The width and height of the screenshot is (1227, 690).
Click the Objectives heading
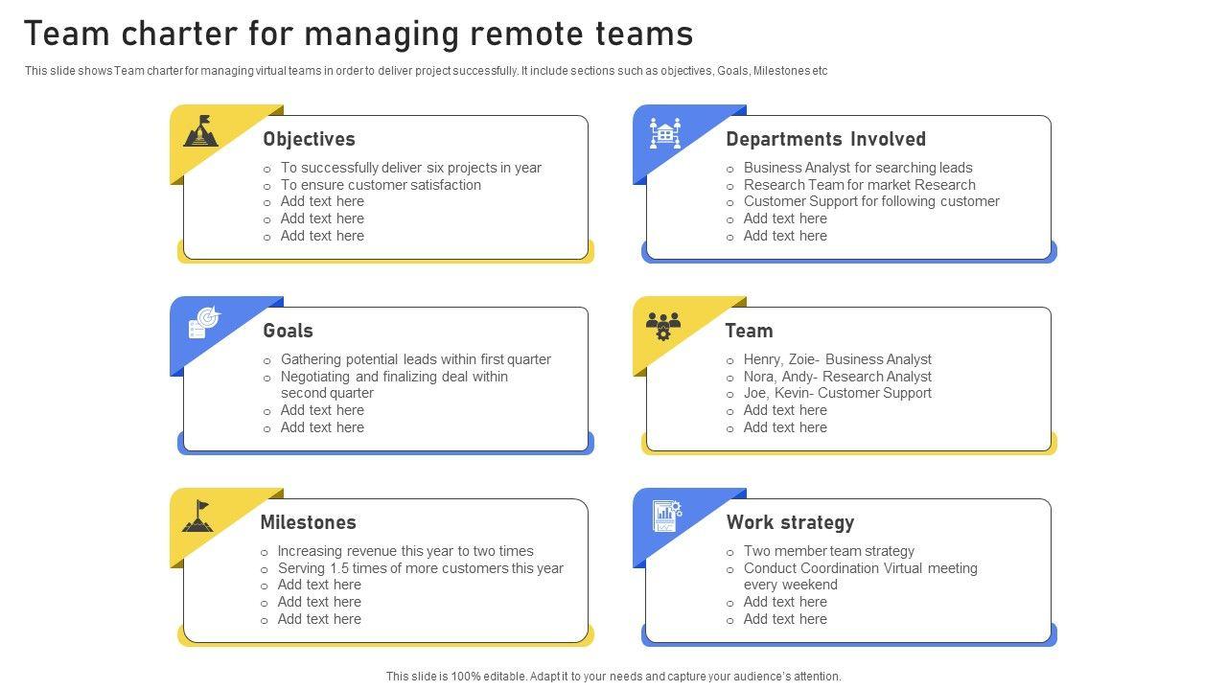309,139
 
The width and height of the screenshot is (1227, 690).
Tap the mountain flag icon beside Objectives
201,131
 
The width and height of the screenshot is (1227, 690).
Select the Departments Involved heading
825,139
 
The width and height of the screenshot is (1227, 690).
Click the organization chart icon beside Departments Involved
664,133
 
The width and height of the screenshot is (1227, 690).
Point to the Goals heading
288,331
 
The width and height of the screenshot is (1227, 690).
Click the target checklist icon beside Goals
204,323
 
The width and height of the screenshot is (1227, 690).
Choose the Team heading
749,331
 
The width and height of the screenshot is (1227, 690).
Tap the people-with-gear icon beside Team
663,326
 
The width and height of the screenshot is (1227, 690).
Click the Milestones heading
308,522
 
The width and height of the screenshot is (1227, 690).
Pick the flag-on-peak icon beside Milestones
198,516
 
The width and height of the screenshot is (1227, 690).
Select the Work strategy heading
790,522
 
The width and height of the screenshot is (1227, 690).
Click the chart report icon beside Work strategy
666,516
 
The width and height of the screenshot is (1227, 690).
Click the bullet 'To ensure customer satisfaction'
381,185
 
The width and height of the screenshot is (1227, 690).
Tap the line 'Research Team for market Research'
859,185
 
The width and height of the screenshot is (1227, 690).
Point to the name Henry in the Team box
763,359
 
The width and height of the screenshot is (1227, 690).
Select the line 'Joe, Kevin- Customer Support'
837,393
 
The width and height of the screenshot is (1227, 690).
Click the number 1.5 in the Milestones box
340,568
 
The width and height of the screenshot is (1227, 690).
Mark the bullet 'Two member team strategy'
828,551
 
